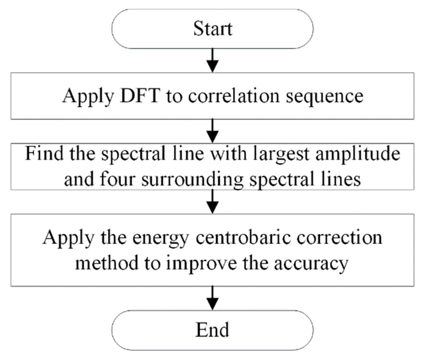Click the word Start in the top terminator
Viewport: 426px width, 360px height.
tap(213, 28)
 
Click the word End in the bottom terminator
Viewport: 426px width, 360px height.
tap(212, 329)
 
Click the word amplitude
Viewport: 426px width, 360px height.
tap(358, 154)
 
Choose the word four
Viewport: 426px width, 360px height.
tap(117, 179)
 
